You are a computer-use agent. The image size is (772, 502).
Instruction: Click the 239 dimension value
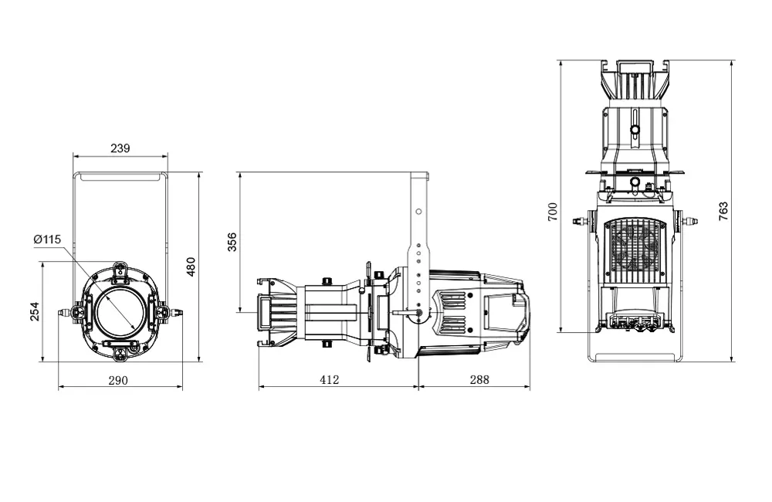(120, 148)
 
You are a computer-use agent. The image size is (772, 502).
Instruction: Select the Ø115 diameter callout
(47, 239)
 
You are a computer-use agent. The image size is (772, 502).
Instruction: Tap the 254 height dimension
(35, 311)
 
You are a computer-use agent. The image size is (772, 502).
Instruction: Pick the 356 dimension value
(232, 242)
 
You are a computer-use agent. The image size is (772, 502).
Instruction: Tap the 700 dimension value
(552, 212)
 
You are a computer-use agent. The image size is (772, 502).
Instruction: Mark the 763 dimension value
(723, 212)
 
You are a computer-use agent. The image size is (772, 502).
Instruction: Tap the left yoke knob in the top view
(579, 222)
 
